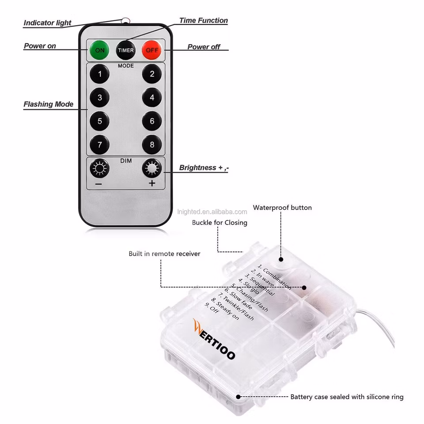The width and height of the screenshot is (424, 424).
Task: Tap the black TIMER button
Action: tap(125, 50)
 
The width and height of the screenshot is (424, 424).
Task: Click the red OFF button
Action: tap(151, 50)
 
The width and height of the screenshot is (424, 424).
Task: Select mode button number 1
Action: tap(100, 74)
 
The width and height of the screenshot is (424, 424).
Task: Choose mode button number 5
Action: tap(100, 121)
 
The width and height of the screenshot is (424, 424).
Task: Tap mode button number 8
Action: tap(152, 144)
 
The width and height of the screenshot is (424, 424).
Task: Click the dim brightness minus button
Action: tap(99, 169)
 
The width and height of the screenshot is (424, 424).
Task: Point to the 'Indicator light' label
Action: tap(47, 23)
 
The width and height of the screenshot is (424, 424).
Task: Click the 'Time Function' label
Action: tap(203, 21)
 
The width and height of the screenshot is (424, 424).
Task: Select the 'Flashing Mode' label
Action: tap(48, 105)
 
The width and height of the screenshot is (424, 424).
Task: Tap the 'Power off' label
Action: tap(204, 47)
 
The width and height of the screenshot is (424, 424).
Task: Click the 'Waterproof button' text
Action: tap(282, 208)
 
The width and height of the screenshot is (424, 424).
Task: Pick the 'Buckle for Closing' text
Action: tap(220, 223)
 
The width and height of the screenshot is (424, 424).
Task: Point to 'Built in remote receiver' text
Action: tap(164, 254)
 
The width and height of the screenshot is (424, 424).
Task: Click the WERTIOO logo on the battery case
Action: tap(214, 338)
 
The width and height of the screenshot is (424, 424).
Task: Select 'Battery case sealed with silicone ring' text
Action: tap(347, 397)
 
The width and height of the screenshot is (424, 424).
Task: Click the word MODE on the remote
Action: tap(126, 66)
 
